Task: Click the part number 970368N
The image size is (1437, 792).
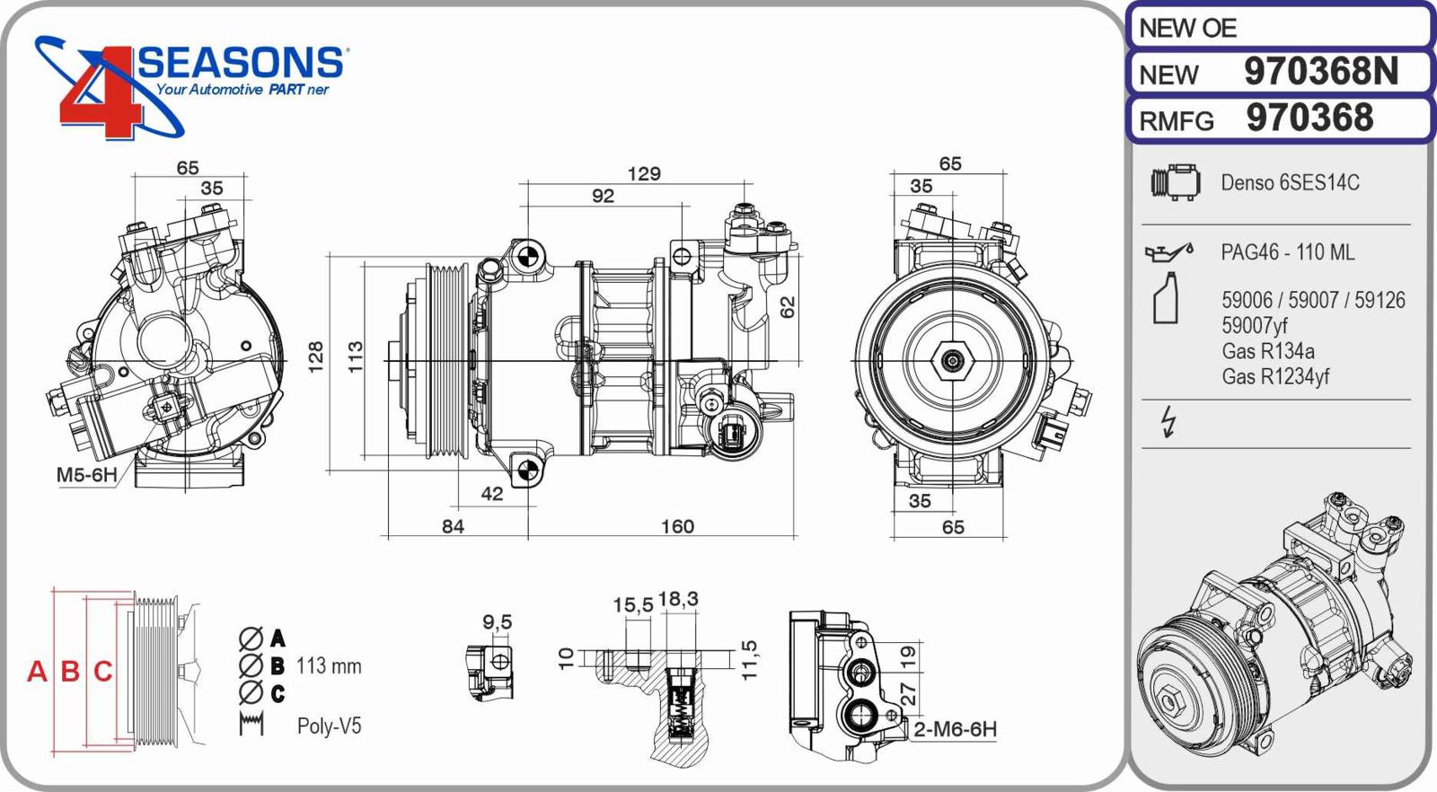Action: [1320, 72]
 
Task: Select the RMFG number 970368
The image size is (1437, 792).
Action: [1309, 119]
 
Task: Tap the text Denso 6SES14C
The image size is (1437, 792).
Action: [1290, 183]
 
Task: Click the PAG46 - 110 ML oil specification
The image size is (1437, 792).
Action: [1287, 253]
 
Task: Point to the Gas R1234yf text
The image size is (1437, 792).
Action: [1274, 377]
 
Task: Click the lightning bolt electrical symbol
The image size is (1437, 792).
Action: [1168, 421]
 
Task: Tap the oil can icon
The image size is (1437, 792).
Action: [1168, 252]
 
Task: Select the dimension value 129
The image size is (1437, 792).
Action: [644, 173]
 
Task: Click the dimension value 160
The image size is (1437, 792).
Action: [677, 527]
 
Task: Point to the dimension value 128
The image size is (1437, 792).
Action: [315, 358]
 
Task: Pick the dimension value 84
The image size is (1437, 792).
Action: [453, 527]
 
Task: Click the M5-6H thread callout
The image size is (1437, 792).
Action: [86, 475]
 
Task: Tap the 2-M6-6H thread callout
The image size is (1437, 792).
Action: [955, 729]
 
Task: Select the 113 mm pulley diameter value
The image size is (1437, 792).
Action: [329, 666]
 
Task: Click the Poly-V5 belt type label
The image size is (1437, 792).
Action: [329, 726]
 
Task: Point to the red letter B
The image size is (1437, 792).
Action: [70, 672]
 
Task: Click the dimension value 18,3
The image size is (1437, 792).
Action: [678, 600]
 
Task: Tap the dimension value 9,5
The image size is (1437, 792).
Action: [497, 622]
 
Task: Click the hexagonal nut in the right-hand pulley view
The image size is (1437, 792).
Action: [951, 361]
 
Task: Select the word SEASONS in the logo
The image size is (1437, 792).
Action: [240, 63]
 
